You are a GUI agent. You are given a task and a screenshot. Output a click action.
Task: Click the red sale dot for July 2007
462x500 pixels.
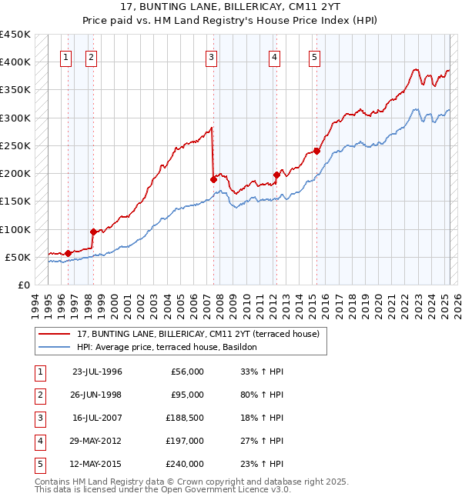pyautogui.click(x=213, y=179)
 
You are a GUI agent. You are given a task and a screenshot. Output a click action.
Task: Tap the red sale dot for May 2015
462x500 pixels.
pyautogui.click(x=316, y=151)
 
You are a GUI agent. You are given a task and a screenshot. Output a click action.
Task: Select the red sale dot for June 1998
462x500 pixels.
pyautogui.click(x=93, y=232)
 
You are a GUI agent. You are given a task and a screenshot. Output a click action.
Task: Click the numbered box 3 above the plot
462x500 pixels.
pyautogui.click(x=211, y=56)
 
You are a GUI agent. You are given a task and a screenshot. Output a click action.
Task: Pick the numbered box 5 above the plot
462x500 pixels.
pyautogui.click(x=315, y=56)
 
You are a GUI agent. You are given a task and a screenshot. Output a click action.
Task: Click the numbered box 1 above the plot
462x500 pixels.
pyautogui.click(x=66, y=56)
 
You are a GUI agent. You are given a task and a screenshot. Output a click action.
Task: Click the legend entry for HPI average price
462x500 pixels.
pyautogui.click(x=169, y=347)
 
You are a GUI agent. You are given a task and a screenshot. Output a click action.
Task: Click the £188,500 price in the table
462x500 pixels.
pyautogui.click(x=184, y=418)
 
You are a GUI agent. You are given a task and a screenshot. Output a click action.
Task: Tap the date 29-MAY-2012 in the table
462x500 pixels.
pyautogui.click(x=97, y=441)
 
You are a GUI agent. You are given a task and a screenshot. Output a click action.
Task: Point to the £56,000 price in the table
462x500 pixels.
pyautogui.click(x=186, y=372)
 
